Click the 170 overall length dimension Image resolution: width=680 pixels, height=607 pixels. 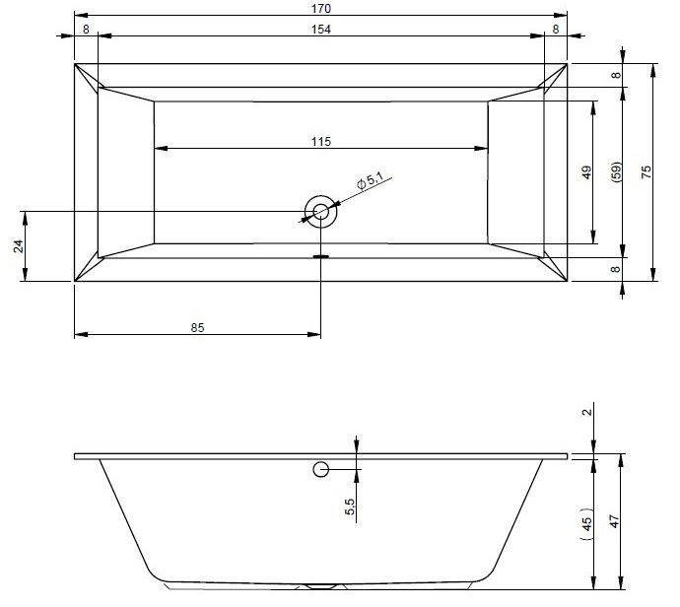[321, 9]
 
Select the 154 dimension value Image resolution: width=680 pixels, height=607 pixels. [321, 30]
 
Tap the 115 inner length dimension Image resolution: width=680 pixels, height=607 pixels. [321, 142]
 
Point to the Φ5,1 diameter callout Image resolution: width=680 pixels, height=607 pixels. [370, 180]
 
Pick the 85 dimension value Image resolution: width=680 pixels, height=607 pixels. [197, 328]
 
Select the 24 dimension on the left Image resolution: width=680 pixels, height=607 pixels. [18, 246]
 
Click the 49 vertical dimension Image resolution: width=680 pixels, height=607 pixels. [586, 172]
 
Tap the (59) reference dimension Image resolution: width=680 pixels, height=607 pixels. [616, 172]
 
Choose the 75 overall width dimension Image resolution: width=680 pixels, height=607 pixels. [646, 172]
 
